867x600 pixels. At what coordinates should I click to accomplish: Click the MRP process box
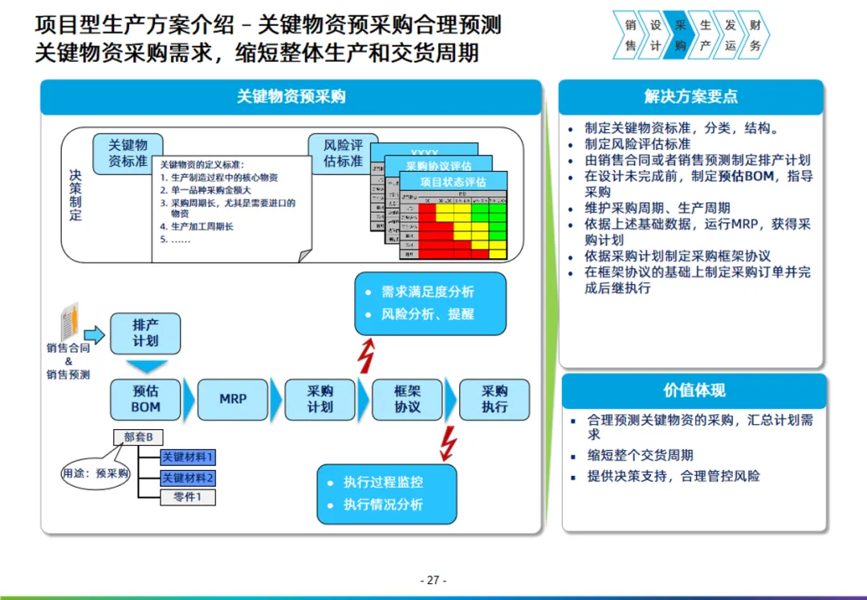pos(233,399)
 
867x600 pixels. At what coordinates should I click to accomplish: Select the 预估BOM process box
pos(145,399)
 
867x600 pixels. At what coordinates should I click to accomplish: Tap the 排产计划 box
pos(145,334)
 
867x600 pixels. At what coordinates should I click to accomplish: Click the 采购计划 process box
pos(320,399)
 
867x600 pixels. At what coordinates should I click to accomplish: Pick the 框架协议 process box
pos(407,399)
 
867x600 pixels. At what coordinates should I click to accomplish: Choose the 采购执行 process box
pos(495,399)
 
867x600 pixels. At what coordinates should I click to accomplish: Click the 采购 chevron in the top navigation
pos(681,35)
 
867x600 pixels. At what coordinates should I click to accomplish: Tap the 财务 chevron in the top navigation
pos(754,35)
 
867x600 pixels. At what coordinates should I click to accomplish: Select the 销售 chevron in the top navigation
pos(630,35)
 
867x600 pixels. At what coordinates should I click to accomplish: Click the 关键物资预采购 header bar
pos(291,97)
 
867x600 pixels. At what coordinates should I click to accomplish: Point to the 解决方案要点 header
pos(691,97)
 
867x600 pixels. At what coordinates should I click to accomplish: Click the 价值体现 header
pos(694,391)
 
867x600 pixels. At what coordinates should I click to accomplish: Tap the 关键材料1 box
pos(188,458)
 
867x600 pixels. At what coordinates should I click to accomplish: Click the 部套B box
pos(144,437)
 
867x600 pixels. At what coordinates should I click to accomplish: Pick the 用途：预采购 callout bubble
pos(96,473)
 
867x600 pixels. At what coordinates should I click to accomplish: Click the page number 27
pos(433,580)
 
